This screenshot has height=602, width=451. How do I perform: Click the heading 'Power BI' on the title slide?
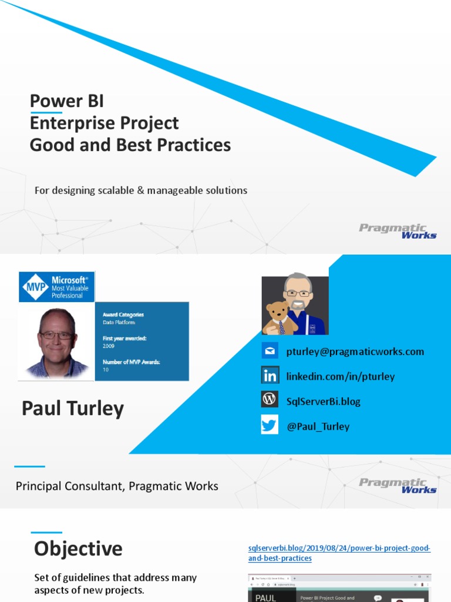click(x=66, y=101)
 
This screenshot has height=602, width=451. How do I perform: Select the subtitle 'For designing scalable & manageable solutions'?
click(x=140, y=190)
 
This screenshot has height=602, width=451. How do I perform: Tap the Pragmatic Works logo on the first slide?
click(x=398, y=230)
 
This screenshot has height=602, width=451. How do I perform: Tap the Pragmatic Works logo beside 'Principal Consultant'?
click(x=398, y=485)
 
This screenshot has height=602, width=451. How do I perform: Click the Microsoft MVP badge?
click(x=56, y=287)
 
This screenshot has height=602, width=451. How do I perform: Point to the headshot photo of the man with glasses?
click(x=56, y=340)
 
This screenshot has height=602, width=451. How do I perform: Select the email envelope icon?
click(x=270, y=352)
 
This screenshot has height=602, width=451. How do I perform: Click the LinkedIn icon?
click(x=270, y=376)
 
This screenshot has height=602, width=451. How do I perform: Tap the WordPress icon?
click(x=270, y=400)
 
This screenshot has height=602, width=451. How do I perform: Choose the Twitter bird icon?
click(x=270, y=425)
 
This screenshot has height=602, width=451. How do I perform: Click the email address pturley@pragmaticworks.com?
click(x=355, y=352)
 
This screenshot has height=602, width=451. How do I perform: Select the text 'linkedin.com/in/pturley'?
click(x=341, y=376)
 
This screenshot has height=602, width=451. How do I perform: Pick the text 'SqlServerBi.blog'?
click(x=323, y=402)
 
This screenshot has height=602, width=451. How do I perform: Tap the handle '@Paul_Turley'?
click(x=318, y=426)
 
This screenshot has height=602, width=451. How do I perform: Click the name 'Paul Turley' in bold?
click(x=73, y=409)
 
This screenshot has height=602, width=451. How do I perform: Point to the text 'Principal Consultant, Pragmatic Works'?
click(x=117, y=486)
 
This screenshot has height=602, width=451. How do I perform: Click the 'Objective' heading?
click(x=78, y=549)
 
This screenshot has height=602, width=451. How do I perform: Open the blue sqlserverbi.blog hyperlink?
click(x=339, y=553)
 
